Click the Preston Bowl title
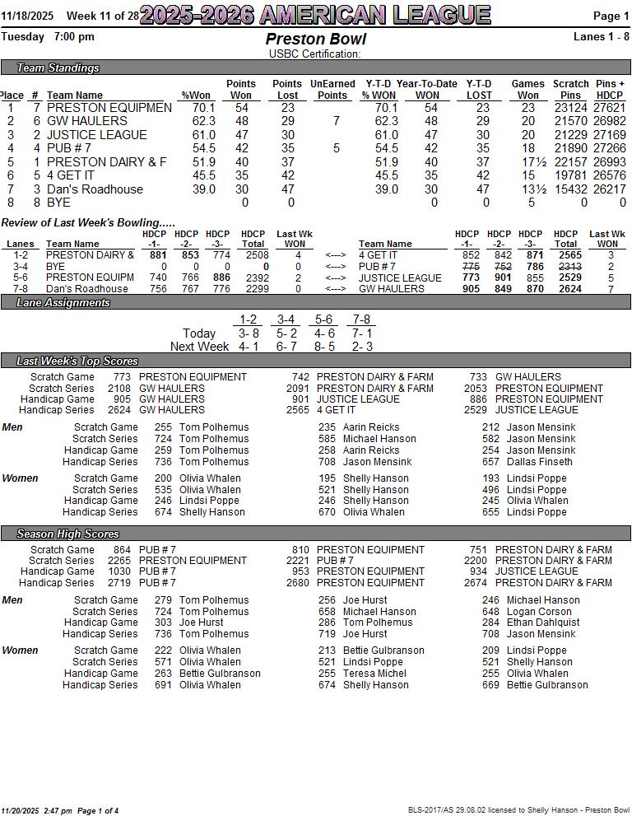(x=316, y=40)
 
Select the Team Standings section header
(x=58, y=68)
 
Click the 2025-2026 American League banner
(x=315, y=15)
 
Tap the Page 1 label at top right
(x=611, y=16)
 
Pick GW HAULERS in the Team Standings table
(x=87, y=121)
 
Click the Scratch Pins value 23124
(x=570, y=108)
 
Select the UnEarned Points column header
(x=332, y=89)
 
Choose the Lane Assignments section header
(x=63, y=302)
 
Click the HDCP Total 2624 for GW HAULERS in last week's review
(x=569, y=289)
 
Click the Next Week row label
(x=199, y=347)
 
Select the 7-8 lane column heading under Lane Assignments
(x=361, y=319)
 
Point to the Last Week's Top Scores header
(x=77, y=361)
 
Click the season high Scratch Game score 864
(x=122, y=550)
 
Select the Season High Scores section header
(x=67, y=534)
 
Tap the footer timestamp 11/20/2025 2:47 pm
(x=37, y=810)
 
